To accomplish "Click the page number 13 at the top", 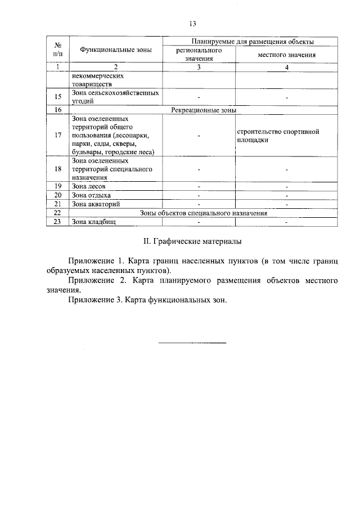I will click(x=192, y=24).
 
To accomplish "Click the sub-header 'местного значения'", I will click(x=286, y=55).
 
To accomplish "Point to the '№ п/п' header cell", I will click(x=57, y=49).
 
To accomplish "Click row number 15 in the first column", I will click(x=57, y=97).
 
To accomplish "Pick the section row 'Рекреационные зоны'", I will click(x=203, y=110).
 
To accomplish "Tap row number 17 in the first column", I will click(x=57, y=135).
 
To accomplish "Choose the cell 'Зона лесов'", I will click(x=88, y=186).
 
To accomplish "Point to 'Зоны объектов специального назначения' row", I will click(x=203, y=213).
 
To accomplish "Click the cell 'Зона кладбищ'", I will click(x=93, y=222).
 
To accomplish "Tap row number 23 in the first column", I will click(x=57, y=222).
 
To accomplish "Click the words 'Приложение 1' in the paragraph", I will click(x=93, y=261).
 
